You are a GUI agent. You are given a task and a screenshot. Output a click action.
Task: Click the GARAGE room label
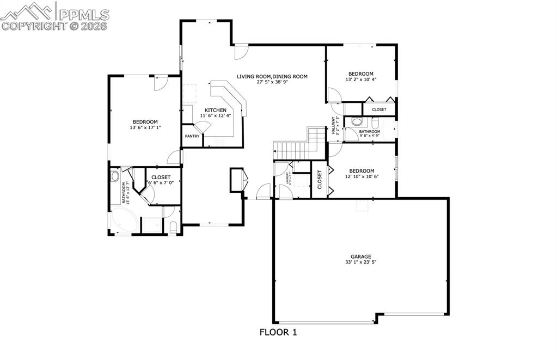361,257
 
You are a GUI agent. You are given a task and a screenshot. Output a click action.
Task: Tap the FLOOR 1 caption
278,332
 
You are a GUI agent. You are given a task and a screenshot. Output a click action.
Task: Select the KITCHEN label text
215,110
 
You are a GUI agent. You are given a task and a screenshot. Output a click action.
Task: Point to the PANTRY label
192,136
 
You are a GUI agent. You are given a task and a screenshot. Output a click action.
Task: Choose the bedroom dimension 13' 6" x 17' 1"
145,128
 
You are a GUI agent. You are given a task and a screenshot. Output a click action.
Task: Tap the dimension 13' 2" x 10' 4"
360,80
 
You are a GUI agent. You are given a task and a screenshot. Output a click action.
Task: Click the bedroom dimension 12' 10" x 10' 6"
361,176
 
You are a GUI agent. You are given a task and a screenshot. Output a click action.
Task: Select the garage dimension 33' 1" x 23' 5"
361,263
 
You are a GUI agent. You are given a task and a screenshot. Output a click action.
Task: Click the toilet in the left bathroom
173,227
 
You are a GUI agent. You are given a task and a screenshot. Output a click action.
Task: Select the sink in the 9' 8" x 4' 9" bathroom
357,121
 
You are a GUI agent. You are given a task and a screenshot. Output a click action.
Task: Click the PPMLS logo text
83,14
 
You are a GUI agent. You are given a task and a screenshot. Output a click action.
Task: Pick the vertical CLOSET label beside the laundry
319,180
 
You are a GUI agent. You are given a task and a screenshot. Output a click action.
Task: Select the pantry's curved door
204,126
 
